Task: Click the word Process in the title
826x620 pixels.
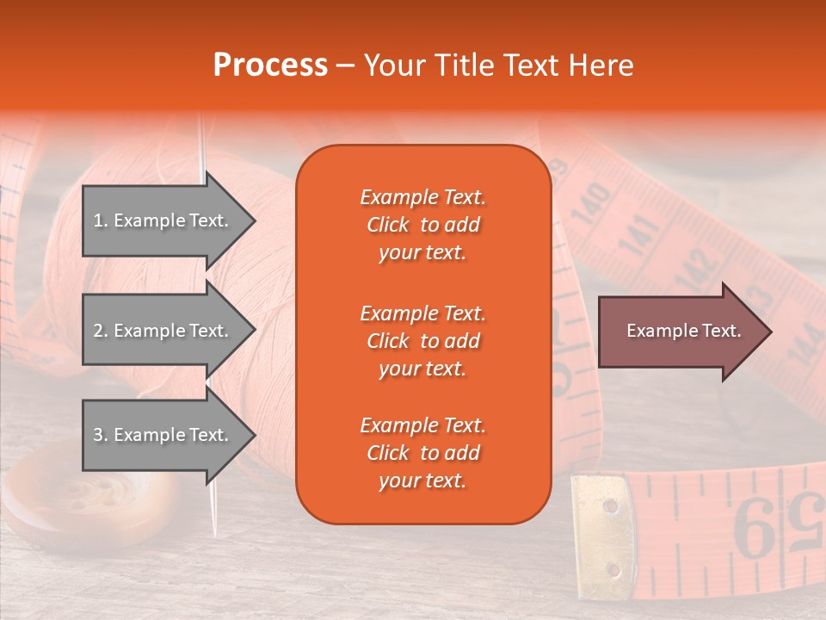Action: pyautogui.click(x=270, y=65)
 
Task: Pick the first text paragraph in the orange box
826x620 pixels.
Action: pyautogui.click(x=422, y=225)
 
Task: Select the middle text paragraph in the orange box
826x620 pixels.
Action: pyautogui.click(x=422, y=341)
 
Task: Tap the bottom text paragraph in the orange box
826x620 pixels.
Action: pyautogui.click(x=422, y=453)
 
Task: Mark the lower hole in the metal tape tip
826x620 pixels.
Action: pyautogui.click(x=612, y=569)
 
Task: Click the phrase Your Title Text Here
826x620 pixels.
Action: pyautogui.click(x=498, y=65)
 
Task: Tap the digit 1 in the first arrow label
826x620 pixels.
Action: pyautogui.click(x=98, y=220)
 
